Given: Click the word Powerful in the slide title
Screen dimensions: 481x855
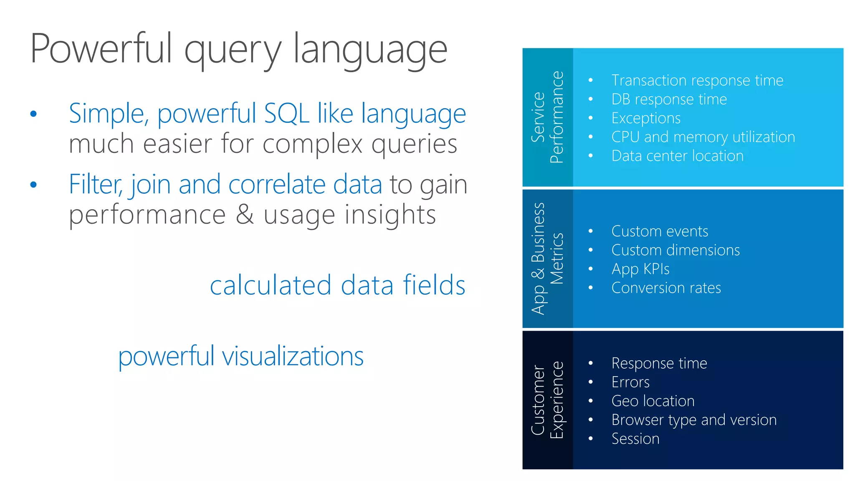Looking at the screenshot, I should click(x=101, y=49).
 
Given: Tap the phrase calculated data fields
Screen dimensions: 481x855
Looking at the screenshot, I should click(x=337, y=286).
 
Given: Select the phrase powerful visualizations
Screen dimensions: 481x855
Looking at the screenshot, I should click(x=241, y=357).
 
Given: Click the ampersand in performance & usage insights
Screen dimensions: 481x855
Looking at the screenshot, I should click(x=245, y=215).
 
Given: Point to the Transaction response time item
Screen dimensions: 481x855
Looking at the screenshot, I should click(x=697, y=80).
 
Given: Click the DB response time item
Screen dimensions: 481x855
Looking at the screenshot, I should click(x=669, y=99).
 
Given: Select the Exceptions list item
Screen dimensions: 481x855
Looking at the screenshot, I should click(x=645, y=118).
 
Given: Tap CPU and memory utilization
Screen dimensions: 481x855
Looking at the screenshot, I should click(x=703, y=137).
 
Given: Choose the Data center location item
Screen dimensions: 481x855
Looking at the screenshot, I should click(x=677, y=156).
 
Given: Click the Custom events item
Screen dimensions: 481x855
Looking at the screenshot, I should click(x=659, y=231).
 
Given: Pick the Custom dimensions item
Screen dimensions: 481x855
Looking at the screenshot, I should click(x=675, y=250).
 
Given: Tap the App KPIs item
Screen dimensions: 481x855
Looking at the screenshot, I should click(x=640, y=269).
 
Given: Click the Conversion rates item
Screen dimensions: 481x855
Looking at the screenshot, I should click(x=666, y=288).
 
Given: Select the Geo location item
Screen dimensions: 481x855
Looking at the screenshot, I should click(x=653, y=401).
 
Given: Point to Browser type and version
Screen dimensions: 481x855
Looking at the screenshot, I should click(x=693, y=420).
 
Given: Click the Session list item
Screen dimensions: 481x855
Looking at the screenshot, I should click(x=635, y=439).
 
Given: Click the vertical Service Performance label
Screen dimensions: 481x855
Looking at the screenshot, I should click(x=547, y=117).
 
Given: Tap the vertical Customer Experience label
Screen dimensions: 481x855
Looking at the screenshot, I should click(x=547, y=400).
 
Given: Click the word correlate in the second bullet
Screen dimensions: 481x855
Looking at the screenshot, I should click(x=277, y=185).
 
